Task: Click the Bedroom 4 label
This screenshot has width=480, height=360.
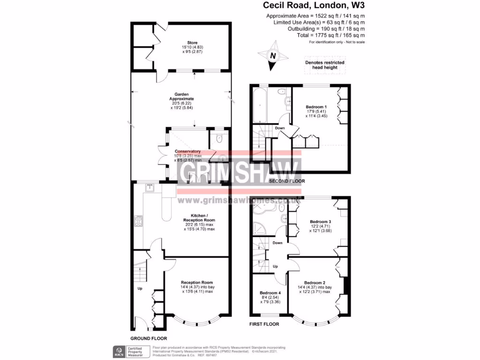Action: click(x=269, y=293)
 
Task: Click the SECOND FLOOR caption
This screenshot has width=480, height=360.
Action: click(x=287, y=181)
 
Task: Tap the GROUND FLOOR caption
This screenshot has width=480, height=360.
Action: click(x=149, y=338)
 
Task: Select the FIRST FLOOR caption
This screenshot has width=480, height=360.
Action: click(x=264, y=324)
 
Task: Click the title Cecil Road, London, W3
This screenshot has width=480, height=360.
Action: click(x=314, y=6)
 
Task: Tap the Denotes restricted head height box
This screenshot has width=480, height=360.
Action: click(x=325, y=65)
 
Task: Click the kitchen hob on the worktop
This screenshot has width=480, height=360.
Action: click(x=139, y=221)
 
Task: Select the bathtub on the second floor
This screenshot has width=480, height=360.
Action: click(x=258, y=105)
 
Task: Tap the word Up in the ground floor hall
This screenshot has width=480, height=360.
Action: click(x=140, y=288)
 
